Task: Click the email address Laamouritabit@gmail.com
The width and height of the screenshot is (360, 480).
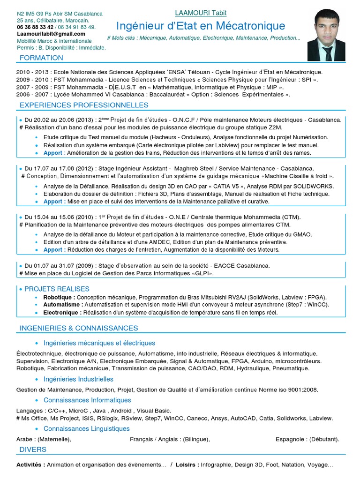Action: point(51,34)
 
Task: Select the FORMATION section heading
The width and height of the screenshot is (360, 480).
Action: point(41,58)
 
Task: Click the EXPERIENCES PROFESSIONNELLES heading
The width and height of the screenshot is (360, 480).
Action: point(84,105)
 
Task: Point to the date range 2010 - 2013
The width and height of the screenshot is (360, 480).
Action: point(32,72)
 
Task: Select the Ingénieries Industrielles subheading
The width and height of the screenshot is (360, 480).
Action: point(78,379)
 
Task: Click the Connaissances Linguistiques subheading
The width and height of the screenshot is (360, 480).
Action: point(86,428)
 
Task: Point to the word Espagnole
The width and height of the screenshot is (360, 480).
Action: point(291,439)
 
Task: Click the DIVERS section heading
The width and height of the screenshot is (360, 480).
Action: point(33,450)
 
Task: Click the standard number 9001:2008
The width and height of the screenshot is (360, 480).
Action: point(302,390)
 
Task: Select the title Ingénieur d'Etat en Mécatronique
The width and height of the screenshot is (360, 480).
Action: point(200,25)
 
